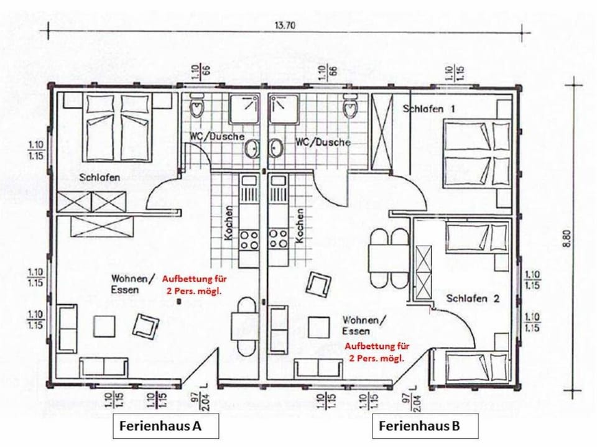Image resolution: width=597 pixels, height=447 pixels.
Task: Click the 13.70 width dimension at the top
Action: (x=284, y=25)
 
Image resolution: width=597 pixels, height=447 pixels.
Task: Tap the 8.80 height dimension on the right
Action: (x=568, y=238)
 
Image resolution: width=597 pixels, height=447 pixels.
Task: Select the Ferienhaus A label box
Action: (x=165, y=426)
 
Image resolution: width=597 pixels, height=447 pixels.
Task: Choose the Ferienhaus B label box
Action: (x=425, y=426)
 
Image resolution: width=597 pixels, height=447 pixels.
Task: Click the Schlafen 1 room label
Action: (x=428, y=109)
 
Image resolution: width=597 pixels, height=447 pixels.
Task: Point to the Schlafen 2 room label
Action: (x=473, y=298)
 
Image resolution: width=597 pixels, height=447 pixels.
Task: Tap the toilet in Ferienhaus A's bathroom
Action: (x=197, y=106)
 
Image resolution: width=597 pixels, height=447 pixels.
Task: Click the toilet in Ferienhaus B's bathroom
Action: (x=350, y=106)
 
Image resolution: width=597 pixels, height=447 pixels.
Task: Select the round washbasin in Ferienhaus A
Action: (x=251, y=148)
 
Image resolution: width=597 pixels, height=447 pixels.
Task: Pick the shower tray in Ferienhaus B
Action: (x=284, y=109)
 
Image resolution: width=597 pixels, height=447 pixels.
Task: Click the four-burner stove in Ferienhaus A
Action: (x=249, y=240)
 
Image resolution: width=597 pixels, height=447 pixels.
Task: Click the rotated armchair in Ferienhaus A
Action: (x=145, y=326)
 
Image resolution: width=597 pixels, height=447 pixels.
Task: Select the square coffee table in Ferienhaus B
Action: (x=318, y=328)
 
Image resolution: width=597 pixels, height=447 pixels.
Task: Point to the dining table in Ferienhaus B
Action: (x=388, y=258)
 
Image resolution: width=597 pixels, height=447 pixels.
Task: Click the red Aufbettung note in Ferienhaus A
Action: (x=192, y=285)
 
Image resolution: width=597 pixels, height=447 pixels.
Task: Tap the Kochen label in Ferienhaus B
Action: (x=300, y=226)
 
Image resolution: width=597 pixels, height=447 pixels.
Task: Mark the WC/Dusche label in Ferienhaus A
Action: (x=216, y=136)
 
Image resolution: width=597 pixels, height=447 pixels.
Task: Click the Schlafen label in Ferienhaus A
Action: (x=99, y=177)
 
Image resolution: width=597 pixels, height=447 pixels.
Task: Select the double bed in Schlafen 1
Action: (x=477, y=154)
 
